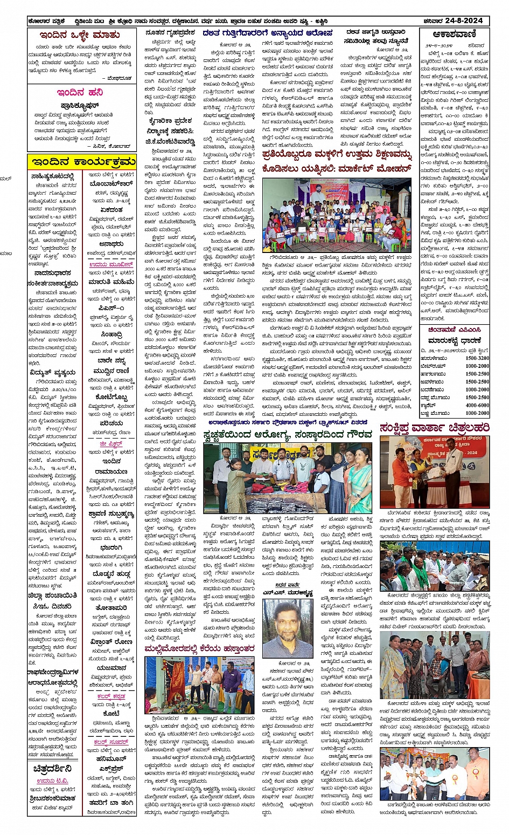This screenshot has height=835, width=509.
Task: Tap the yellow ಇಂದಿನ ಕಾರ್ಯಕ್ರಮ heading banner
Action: coord(82,161)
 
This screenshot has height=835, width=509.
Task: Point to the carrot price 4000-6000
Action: coord(477,405)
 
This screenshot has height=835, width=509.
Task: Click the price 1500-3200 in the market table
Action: coord(477,358)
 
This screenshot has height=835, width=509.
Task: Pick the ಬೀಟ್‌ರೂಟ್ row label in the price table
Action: coord(434,366)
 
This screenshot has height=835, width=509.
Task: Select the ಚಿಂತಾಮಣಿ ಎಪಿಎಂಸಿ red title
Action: coord(454,330)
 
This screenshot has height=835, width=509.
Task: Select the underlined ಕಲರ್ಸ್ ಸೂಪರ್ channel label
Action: coord(110,742)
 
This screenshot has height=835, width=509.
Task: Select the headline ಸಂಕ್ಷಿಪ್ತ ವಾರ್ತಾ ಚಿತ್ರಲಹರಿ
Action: coord(434,428)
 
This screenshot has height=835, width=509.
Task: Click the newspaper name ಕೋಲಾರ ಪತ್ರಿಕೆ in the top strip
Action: coord(47,21)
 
